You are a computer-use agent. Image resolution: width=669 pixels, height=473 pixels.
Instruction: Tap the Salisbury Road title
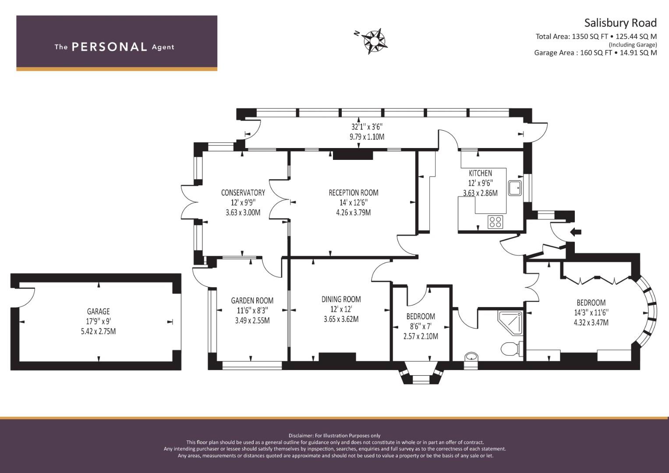click(x=620, y=23)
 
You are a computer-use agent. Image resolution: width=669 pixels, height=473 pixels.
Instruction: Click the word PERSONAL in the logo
click(x=110, y=47)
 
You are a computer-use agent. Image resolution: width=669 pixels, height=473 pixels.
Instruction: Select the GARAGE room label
click(x=98, y=311)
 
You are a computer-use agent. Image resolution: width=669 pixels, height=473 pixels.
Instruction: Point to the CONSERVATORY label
click(x=243, y=193)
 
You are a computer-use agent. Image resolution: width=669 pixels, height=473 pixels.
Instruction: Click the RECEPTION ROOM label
click(x=353, y=193)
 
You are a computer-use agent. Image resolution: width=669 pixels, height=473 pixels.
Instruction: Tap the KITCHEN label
click(x=480, y=173)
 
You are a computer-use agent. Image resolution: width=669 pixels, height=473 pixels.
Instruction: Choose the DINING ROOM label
click(x=341, y=299)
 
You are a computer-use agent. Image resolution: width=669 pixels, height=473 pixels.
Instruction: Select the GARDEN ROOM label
click(x=252, y=300)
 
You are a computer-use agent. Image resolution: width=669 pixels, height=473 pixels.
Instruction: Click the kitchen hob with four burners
click(x=495, y=222)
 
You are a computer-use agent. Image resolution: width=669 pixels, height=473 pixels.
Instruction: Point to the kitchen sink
click(x=515, y=188)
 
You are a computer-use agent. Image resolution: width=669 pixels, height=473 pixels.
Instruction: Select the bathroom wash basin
click(x=471, y=357)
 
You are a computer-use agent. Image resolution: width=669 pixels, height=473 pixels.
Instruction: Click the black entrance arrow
click(x=576, y=232)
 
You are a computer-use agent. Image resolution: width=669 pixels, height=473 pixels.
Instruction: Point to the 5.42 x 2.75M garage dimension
click(x=98, y=331)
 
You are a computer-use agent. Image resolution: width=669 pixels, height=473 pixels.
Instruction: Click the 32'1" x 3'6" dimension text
click(x=367, y=127)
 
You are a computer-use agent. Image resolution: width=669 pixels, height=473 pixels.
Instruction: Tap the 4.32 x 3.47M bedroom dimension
click(x=591, y=322)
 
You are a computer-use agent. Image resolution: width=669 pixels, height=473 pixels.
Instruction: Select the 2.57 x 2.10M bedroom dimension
click(x=421, y=336)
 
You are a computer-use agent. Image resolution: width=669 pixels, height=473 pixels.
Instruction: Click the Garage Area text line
click(x=595, y=53)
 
